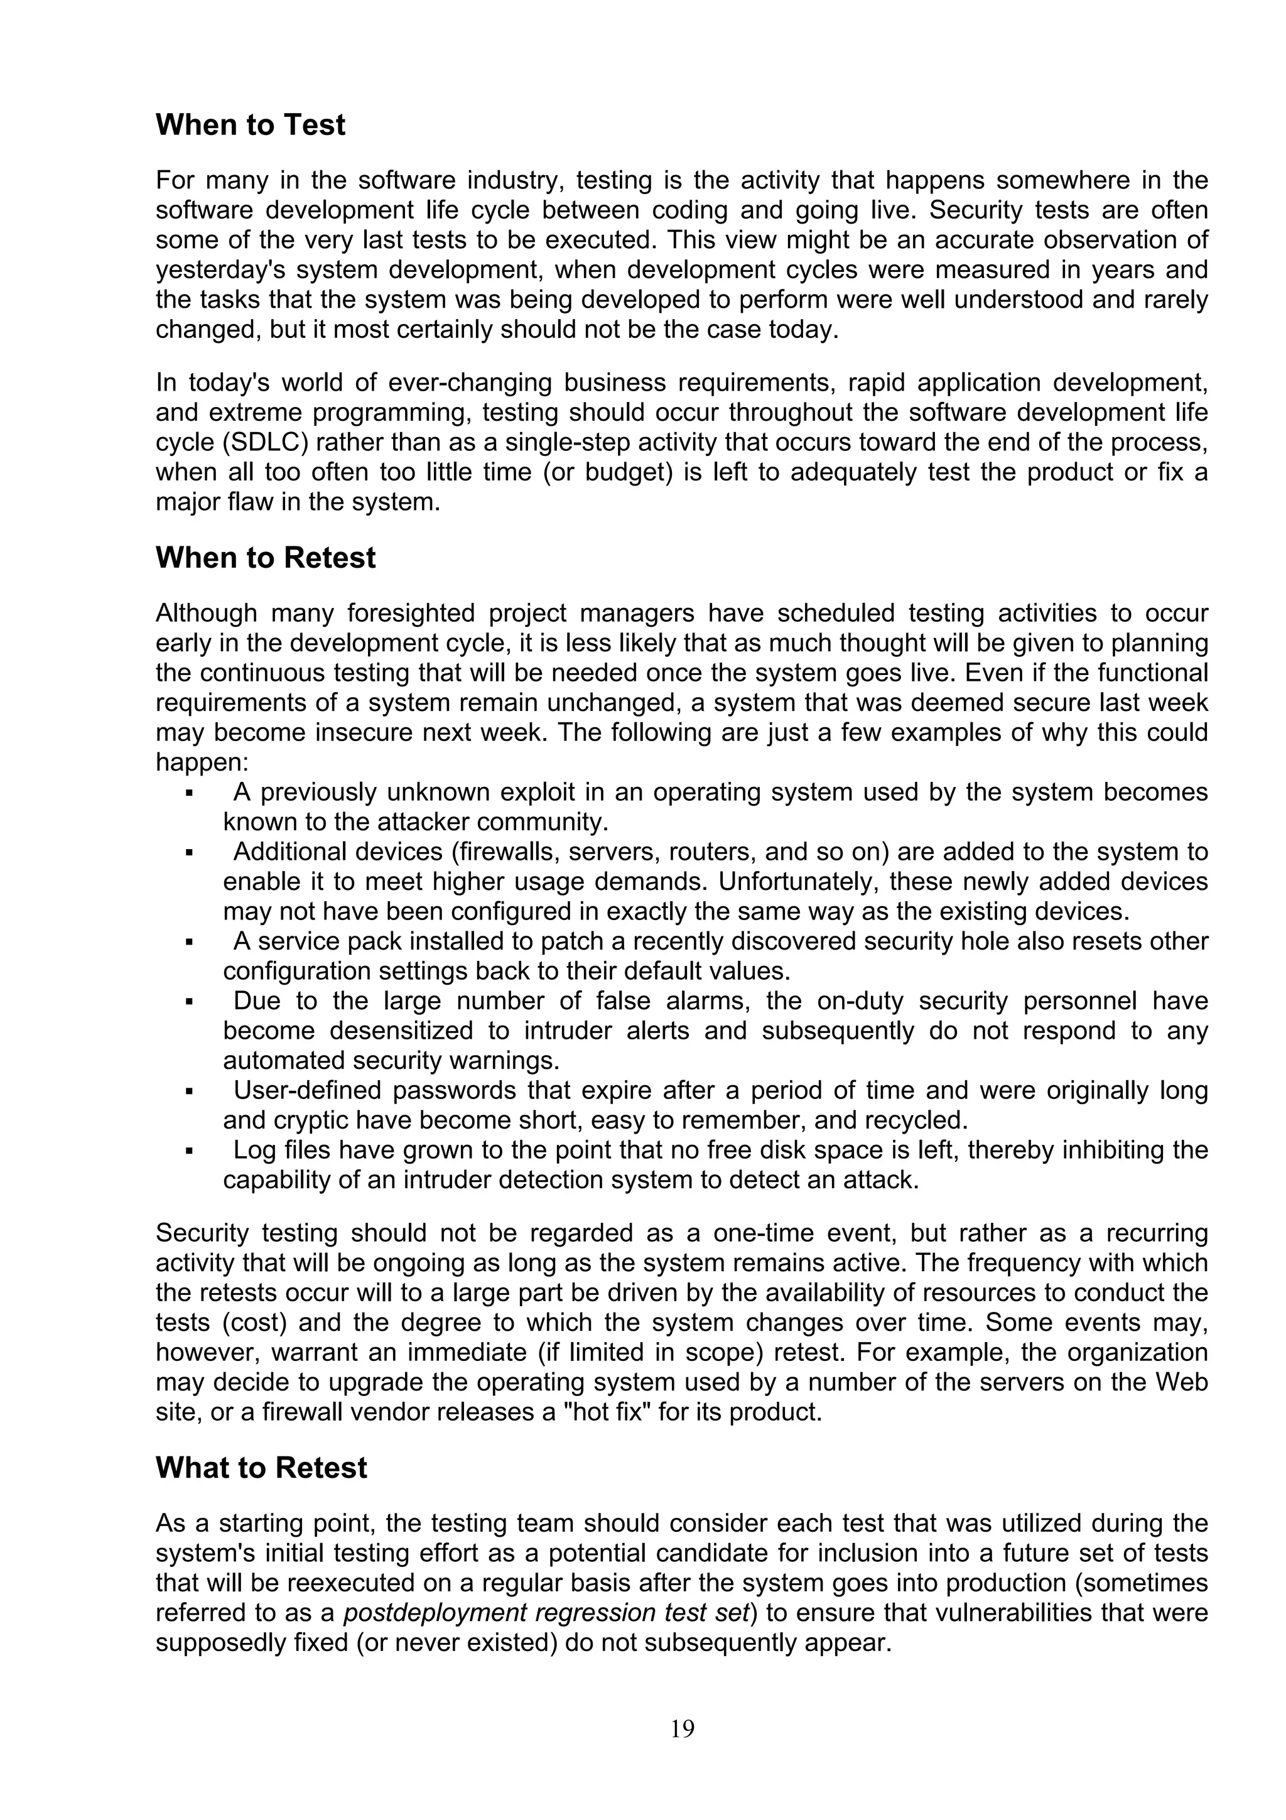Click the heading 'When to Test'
pos(251,125)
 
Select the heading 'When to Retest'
pos(266,558)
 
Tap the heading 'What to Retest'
pos(261,1468)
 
